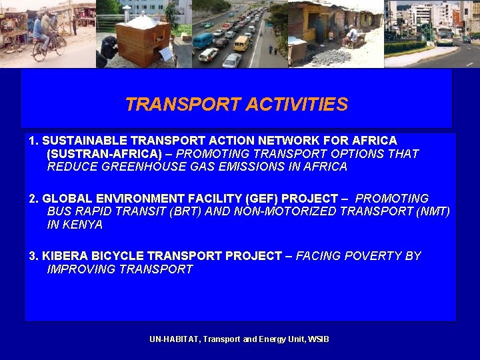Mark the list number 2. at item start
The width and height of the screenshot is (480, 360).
[x=33, y=199]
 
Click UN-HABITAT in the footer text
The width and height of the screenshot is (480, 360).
[x=174, y=339]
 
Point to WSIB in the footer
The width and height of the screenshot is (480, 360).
[x=319, y=339]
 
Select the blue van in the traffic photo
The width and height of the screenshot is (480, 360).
[x=202, y=41]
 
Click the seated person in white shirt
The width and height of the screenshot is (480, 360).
[x=351, y=33]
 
